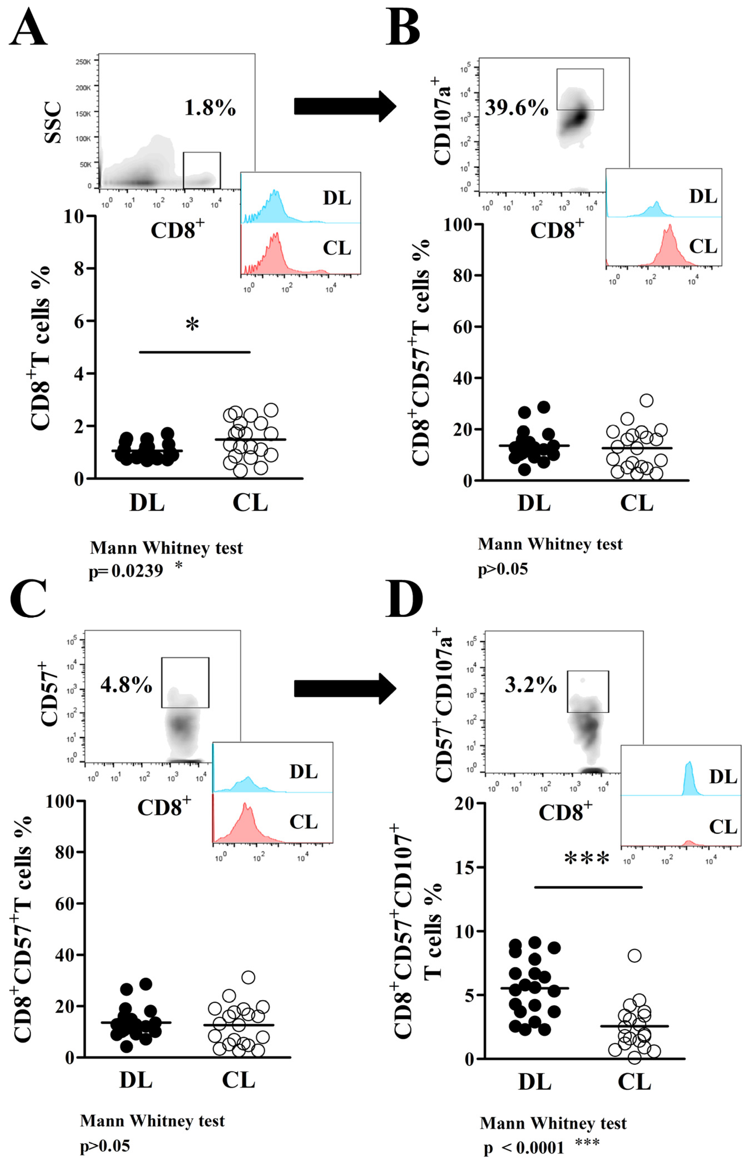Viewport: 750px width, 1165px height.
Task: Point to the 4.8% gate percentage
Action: pos(126,685)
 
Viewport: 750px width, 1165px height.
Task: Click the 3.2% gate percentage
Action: pos(530,685)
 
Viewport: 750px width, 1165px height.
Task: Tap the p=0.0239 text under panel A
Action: pos(126,571)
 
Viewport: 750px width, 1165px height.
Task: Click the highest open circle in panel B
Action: pos(646,401)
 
